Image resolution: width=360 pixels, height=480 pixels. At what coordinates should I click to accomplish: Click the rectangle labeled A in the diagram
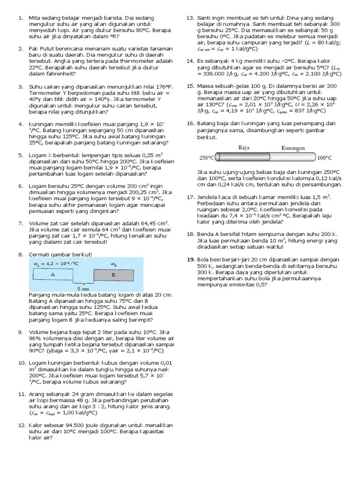pos(52,275)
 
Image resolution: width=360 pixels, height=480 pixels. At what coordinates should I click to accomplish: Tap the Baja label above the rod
pos(243,147)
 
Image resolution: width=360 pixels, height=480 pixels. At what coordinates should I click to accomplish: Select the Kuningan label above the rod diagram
pos(293,148)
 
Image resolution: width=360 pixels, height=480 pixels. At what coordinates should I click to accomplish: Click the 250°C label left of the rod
pos(206,157)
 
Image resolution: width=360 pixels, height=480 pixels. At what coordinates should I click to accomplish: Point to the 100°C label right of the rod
pos(324,158)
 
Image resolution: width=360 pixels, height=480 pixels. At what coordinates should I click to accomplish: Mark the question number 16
pos(190,124)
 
